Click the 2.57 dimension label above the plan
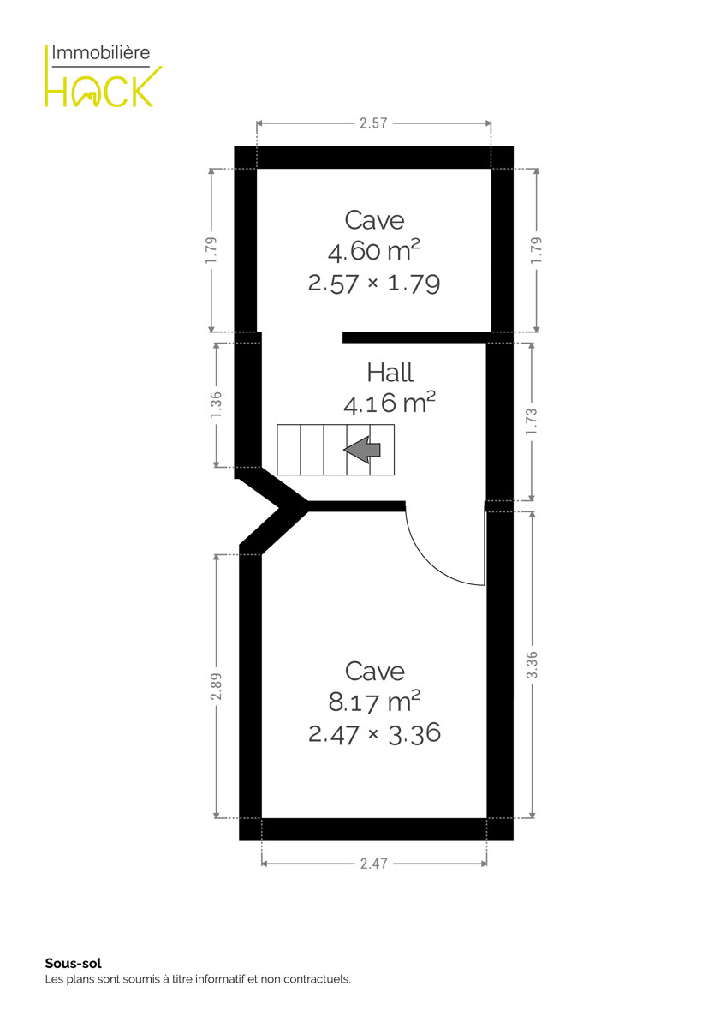[373, 123]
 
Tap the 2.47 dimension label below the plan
[373, 864]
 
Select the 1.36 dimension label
[216, 404]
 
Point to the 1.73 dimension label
[531, 421]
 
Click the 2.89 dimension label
[216, 686]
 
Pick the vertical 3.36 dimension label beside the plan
[531, 664]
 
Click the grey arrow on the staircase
[362, 449]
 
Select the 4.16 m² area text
[389, 403]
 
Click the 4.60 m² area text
[374, 250]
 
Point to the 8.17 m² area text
[374, 701]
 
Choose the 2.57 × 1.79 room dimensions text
[374, 284]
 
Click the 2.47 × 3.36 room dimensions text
[374, 733]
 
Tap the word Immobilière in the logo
[101, 53]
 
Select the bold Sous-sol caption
[73, 963]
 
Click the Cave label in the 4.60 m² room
[374, 220]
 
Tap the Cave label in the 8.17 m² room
[374, 672]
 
